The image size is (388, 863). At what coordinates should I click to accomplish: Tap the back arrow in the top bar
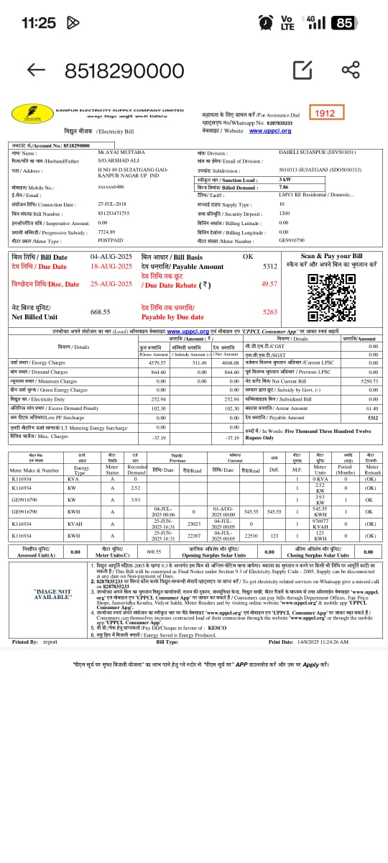36,69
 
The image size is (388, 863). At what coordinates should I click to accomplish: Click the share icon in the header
351,70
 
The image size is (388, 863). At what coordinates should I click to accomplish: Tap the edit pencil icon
302,70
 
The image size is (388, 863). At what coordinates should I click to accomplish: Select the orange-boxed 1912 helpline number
325,113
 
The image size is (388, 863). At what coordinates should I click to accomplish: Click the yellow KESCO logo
32,114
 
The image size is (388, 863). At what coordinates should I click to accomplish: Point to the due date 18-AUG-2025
111,266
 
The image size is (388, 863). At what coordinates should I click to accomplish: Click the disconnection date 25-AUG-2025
111,283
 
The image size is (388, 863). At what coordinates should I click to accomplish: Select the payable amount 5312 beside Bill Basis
269,266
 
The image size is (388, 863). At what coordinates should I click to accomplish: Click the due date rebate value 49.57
269,283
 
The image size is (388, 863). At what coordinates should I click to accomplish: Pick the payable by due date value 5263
269,312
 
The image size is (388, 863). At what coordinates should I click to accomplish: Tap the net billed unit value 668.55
100,312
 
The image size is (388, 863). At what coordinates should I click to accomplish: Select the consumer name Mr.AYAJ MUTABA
122,152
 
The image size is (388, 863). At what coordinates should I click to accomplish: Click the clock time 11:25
38,23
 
